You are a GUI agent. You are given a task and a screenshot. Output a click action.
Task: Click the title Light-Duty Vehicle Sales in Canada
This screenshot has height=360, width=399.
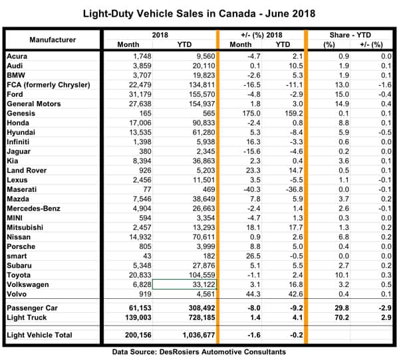click(x=199, y=13)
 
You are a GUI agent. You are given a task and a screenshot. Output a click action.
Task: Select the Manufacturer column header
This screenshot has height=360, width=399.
click(x=53, y=39)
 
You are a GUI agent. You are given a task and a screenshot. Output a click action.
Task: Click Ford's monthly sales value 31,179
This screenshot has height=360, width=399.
click(x=148, y=95)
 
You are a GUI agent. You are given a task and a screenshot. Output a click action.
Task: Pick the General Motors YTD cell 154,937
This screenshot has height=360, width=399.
click(x=196, y=104)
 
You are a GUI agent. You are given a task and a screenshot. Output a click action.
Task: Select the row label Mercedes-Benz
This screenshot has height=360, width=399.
click(x=33, y=207)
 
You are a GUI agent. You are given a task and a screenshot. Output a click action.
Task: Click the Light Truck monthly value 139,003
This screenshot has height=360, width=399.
click(x=145, y=319)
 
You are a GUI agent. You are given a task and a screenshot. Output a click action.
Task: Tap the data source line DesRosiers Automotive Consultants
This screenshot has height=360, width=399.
click(x=199, y=351)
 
